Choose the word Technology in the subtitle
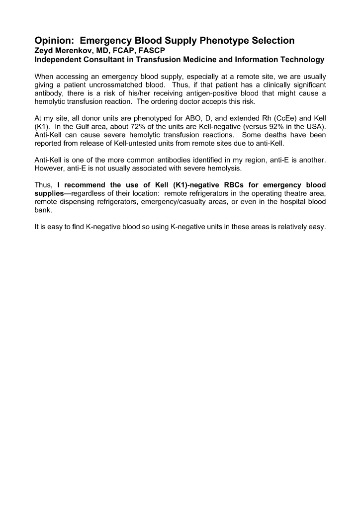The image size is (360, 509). pyautogui.click(x=300, y=60)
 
